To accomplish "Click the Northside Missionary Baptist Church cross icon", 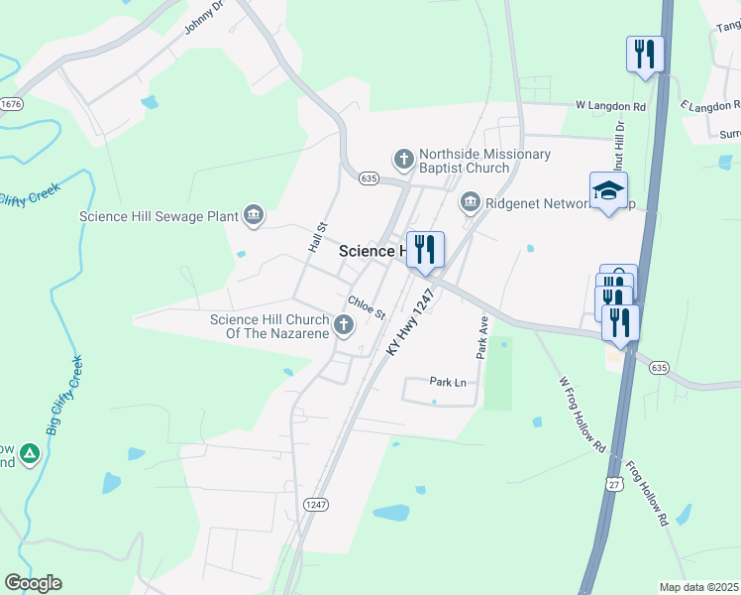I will [403, 159].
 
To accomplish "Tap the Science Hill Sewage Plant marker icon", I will [254, 215].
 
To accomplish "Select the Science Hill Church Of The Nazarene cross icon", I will [344, 325].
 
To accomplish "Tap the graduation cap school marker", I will [608, 192].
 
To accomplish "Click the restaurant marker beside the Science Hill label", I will [425, 250].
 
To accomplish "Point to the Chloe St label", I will [366, 307].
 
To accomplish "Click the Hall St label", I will [316, 237].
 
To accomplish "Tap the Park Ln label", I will [448, 382].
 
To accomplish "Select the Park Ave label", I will [482, 337].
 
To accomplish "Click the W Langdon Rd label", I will [611, 106].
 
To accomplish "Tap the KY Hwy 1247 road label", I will [409, 323].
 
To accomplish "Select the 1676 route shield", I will [12, 104].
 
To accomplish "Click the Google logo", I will [33, 583].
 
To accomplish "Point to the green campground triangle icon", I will [30, 454].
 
